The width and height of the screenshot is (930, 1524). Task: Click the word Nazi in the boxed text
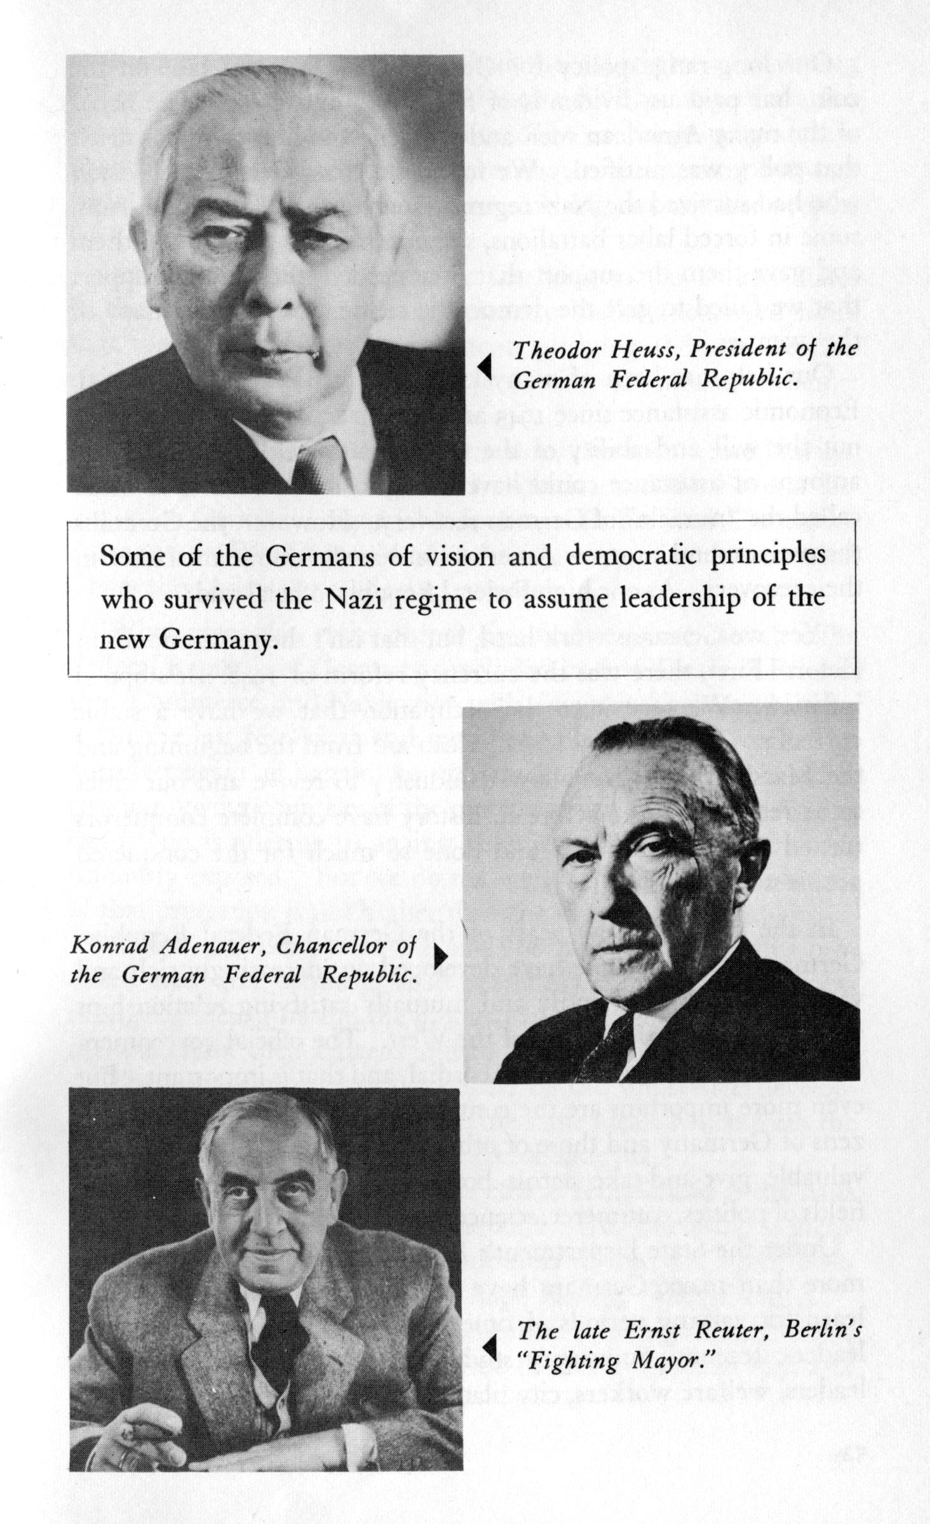tap(351, 598)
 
